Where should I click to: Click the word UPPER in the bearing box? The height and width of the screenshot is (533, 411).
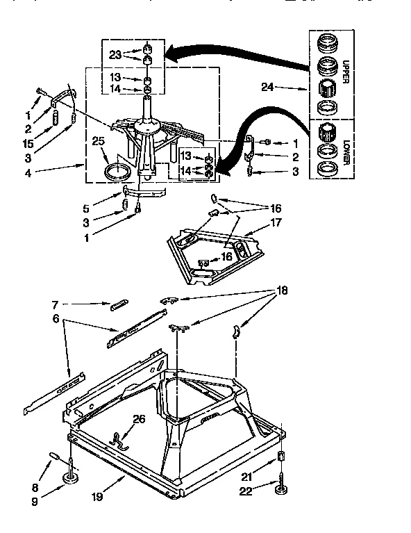pos(345,71)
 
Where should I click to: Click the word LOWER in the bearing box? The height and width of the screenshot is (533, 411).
pos(345,150)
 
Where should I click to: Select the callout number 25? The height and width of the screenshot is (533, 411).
pos(97,141)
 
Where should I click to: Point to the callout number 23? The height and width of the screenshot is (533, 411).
pos(115,54)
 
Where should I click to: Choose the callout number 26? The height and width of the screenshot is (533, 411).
pos(138,418)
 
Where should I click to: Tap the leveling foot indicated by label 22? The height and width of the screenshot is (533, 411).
pos(282,493)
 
